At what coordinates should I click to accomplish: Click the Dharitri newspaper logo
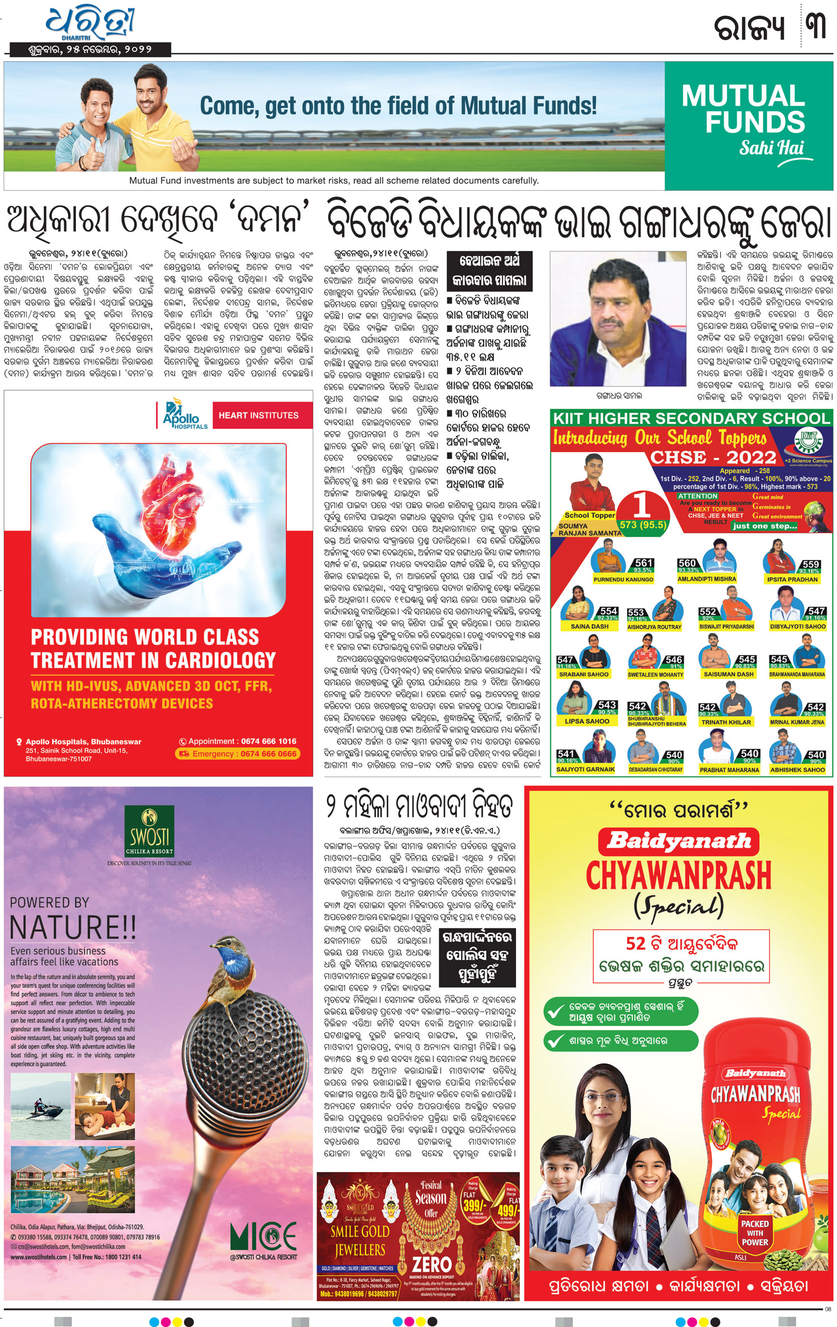coord(91,24)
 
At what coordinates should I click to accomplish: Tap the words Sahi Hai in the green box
coord(771,148)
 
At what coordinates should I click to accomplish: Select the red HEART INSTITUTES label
coord(259,415)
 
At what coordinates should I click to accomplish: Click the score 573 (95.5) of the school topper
coord(643,525)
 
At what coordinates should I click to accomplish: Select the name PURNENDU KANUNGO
coord(623,580)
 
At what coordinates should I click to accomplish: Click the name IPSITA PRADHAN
coord(792,580)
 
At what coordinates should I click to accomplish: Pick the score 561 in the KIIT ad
coord(644,563)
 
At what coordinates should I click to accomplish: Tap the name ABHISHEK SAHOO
coord(797,770)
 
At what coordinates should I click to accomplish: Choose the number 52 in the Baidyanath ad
coord(636,943)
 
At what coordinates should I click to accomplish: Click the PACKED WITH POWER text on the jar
coord(755,1233)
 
